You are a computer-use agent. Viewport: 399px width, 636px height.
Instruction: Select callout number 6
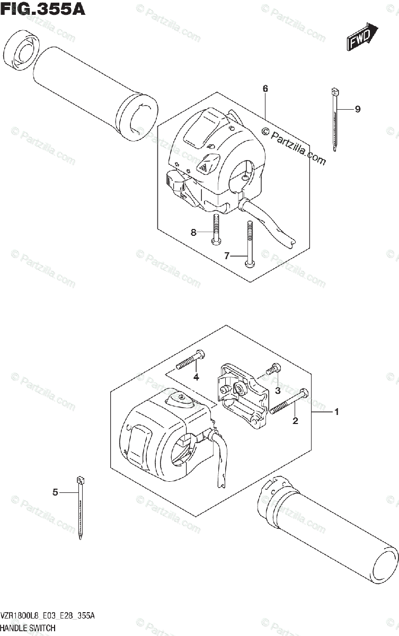265,89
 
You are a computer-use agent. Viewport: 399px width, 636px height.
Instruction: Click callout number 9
358,109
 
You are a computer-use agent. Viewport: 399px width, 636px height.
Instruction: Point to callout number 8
193,232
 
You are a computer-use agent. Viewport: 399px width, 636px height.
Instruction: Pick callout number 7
226,256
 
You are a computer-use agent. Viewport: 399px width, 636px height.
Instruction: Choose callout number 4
196,377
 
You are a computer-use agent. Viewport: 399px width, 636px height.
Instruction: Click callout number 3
277,391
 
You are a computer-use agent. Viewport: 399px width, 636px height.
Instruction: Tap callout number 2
295,421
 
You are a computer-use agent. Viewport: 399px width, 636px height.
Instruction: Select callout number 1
336,411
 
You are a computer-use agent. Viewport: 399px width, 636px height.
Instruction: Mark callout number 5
55,492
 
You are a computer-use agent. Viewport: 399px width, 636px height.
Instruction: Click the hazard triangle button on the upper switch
204,167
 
